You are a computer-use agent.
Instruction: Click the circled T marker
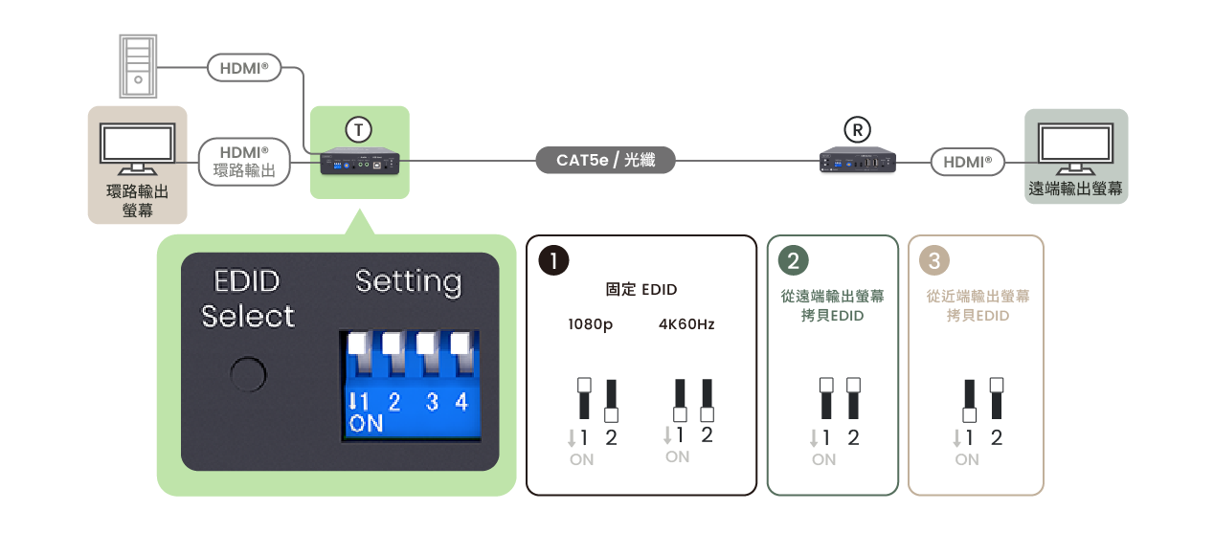tap(358, 129)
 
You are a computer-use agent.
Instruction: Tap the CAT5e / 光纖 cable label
tap(605, 161)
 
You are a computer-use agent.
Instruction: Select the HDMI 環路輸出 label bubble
tap(243, 162)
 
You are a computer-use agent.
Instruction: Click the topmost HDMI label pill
tap(244, 68)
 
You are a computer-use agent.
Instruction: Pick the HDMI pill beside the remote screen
tap(967, 163)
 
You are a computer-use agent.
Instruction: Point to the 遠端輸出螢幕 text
tap(1075, 189)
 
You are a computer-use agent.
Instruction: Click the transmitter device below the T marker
tap(359, 164)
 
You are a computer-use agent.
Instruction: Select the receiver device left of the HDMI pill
tap(858, 162)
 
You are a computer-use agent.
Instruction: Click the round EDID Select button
tap(248, 374)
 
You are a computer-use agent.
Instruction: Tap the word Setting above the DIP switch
tap(408, 282)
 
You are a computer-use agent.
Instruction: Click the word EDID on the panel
tap(247, 282)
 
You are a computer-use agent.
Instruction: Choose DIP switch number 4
tap(461, 402)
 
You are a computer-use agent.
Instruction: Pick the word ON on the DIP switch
tap(366, 424)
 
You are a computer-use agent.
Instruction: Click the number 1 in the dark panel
tap(553, 261)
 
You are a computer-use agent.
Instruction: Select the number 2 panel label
tap(793, 261)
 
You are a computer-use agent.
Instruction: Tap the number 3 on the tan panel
tap(934, 261)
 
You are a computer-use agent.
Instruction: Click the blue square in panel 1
tap(654, 441)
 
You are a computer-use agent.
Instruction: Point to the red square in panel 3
tap(1006, 443)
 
